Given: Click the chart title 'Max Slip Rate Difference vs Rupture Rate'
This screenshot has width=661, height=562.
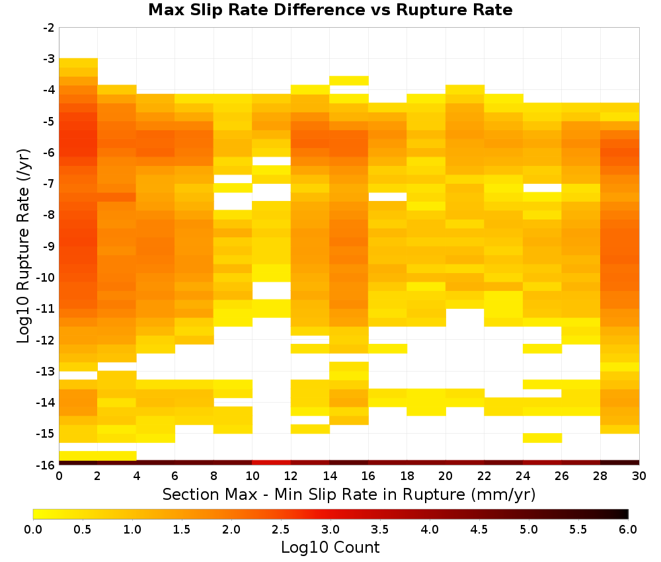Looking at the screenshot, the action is pyautogui.click(x=330, y=10).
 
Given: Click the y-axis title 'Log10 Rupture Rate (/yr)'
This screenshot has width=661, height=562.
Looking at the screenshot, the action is pyautogui.click(x=24, y=246).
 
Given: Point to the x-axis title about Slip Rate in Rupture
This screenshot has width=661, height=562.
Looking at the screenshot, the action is pyautogui.click(x=349, y=494).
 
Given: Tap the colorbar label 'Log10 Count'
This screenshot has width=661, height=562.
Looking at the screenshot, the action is pyautogui.click(x=330, y=547).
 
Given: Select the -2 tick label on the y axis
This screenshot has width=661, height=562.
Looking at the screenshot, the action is pyautogui.click(x=49, y=28).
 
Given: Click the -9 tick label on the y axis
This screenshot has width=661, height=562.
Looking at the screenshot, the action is pyautogui.click(x=49, y=246).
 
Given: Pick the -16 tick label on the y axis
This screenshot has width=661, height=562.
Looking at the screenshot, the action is pyautogui.click(x=46, y=465).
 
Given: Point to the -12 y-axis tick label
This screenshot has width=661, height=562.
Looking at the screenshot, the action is pyautogui.click(x=46, y=340).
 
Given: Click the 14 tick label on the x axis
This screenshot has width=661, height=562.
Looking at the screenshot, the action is pyautogui.click(x=330, y=476).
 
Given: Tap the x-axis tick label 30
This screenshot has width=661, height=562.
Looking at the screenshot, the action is pyautogui.click(x=639, y=476).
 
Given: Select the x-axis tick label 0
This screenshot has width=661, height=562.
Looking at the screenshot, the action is pyautogui.click(x=59, y=476).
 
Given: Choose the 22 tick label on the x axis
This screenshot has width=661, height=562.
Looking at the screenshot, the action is pyautogui.click(x=485, y=476).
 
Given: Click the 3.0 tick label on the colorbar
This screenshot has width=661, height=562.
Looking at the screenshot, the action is pyautogui.click(x=330, y=529).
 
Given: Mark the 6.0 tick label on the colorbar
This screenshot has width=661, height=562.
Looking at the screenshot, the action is pyautogui.click(x=628, y=529).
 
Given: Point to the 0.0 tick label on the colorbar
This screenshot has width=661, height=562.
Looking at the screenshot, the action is pyautogui.click(x=33, y=529).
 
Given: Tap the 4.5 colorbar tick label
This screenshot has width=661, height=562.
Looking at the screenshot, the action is pyautogui.click(x=479, y=529).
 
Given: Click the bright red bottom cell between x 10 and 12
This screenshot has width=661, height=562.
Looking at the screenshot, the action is pyautogui.click(x=272, y=463).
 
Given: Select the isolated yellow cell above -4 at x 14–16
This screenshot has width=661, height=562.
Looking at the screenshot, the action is pyautogui.click(x=349, y=81).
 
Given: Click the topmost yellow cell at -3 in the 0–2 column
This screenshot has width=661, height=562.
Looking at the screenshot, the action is pyautogui.click(x=79, y=63).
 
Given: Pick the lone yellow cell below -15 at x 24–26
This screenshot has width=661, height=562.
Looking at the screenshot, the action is pyautogui.click(x=542, y=438).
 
